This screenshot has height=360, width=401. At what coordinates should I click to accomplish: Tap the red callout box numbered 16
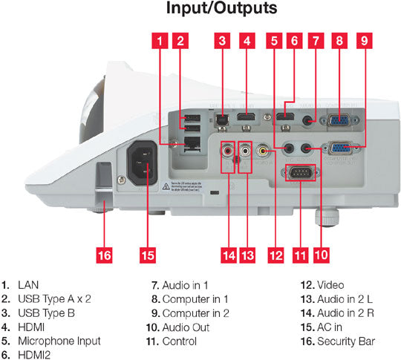click(104, 255)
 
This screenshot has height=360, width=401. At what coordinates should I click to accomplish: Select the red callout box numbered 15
click(147, 255)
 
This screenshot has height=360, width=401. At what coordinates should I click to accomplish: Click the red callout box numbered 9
click(363, 42)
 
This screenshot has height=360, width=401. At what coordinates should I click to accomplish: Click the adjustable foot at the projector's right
click(325, 218)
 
